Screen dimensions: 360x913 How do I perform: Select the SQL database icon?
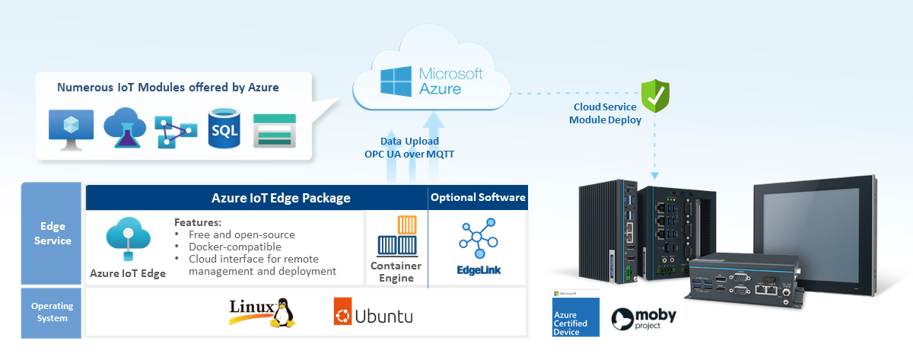[224, 129]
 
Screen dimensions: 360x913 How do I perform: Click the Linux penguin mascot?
[282, 312]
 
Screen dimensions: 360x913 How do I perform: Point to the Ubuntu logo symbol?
[342, 313]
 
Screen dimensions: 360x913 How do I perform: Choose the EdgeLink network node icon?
[479, 238]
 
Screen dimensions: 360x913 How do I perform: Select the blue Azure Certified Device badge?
[575, 313]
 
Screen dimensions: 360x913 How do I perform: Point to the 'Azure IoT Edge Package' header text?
[281, 198]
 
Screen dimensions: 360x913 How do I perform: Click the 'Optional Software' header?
[478, 198]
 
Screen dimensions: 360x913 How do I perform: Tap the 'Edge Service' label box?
[52, 234]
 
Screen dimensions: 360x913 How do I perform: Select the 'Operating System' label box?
[52, 312]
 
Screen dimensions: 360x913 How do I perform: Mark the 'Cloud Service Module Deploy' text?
[605, 113]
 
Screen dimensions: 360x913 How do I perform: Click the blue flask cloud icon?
[123, 127]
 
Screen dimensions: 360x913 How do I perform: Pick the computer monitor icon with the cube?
[71, 128]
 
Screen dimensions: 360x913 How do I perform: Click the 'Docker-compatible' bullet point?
[234, 247]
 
